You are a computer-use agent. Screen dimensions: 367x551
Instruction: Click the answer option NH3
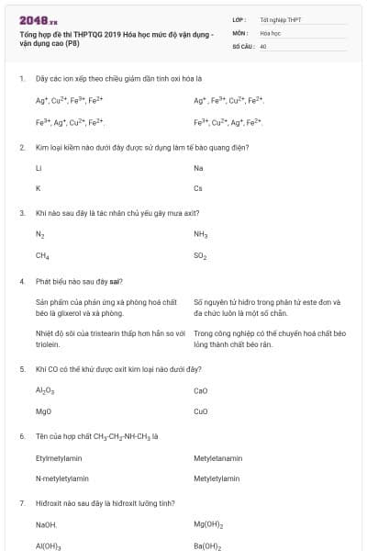pos(201,235)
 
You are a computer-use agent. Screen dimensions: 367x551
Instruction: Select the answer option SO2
pos(201,256)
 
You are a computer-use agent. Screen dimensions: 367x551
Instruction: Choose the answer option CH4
pos(42,256)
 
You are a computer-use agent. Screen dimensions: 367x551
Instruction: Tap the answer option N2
pos(39,235)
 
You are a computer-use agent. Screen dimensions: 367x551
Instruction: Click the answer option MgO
pos(43,411)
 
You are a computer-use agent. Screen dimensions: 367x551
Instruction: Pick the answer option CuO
pos(201,411)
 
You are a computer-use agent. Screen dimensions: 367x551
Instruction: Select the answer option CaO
pos(201,390)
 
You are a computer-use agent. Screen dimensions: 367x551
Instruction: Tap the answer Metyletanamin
pos(218,457)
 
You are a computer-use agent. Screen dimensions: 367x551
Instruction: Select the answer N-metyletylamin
pos(62,478)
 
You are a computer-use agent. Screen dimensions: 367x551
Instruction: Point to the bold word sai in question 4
pos(116,280)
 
